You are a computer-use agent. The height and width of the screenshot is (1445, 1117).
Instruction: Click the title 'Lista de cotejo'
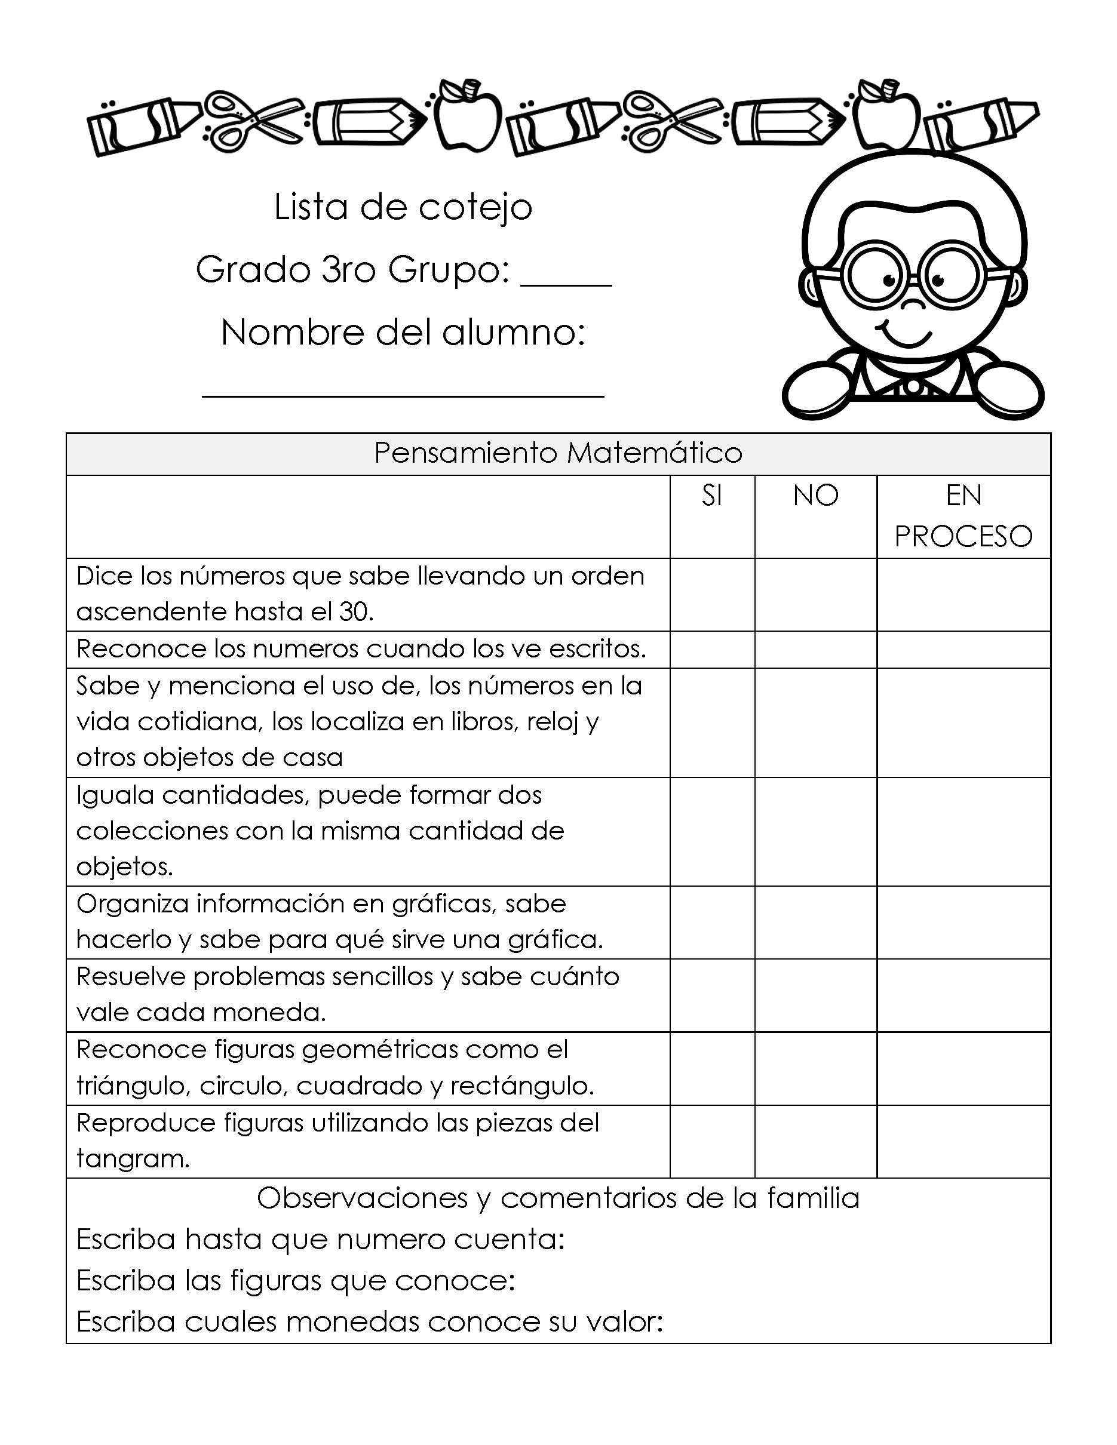tap(403, 208)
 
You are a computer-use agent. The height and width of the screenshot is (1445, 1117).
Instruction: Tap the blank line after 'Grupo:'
tap(566, 283)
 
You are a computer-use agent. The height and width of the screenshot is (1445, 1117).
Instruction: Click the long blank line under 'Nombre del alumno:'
tap(403, 395)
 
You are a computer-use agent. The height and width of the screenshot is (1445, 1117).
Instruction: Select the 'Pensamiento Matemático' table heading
tap(558, 453)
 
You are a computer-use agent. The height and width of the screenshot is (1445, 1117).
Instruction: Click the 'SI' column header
tap(711, 496)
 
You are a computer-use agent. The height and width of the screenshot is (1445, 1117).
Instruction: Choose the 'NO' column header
tap(815, 496)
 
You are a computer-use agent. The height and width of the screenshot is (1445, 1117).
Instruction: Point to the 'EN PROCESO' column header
tap(963, 516)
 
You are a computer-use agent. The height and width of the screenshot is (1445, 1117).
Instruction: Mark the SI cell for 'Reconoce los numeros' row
tap(712, 649)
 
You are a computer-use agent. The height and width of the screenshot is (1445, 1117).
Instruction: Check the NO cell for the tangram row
tap(815, 1140)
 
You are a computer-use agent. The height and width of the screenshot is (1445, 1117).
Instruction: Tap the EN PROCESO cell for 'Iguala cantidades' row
tap(963, 831)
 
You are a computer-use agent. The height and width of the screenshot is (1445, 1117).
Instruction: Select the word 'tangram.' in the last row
tap(133, 1159)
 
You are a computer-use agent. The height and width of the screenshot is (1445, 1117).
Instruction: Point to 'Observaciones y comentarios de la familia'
tap(558, 1198)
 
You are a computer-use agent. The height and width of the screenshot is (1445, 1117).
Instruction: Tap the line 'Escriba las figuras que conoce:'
tap(296, 1281)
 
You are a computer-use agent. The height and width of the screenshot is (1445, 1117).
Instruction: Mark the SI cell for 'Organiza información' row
tap(712, 922)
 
